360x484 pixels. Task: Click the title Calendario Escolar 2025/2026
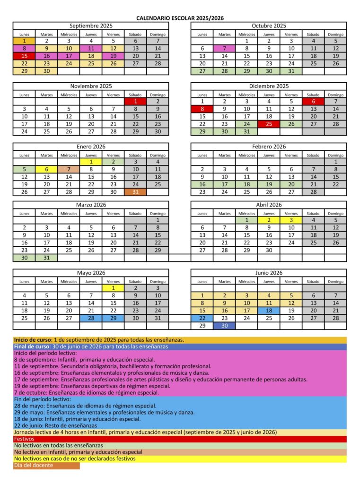pos(180,18)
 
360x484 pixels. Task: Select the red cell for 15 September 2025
pos(24,56)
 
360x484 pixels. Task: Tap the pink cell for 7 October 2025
pos(225,48)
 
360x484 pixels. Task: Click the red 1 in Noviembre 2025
pos(135,101)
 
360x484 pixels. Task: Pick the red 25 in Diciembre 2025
pos(269,124)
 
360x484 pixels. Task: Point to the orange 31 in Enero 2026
pos(135,192)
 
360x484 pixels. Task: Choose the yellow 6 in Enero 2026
pos(46,169)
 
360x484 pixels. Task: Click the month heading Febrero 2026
pos(269,147)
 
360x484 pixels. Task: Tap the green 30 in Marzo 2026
pos(24,258)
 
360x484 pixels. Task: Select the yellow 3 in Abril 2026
pos(291,220)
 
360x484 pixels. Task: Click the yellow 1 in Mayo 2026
pos(113,288)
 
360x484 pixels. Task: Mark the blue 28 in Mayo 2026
pos(91,318)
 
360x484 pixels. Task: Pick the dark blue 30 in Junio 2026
pos(225,326)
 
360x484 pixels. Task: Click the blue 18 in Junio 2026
pos(269,311)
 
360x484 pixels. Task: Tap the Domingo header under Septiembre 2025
pos(158,34)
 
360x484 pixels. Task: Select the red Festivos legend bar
pos(180,439)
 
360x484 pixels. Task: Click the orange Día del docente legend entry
pos(46,466)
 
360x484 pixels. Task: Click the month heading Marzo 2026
pos(91,205)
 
